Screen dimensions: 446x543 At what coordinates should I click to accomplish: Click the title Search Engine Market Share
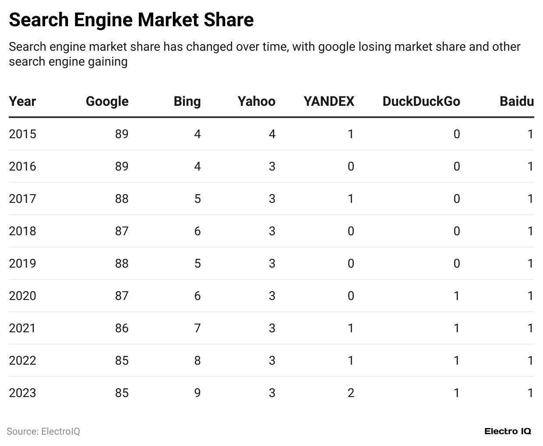pyautogui.click(x=131, y=20)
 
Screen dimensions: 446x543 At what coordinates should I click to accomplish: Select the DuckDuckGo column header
pyautogui.click(x=421, y=101)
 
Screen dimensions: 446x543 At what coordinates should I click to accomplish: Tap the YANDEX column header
pyautogui.click(x=328, y=101)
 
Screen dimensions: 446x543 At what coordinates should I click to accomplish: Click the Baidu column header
pyautogui.click(x=517, y=101)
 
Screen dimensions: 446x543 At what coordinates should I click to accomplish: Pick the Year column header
pyautogui.click(x=22, y=101)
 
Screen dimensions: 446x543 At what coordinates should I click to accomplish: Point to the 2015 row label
pyautogui.click(x=22, y=134)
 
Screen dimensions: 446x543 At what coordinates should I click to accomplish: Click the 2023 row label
pyautogui.click(x=22, y=393)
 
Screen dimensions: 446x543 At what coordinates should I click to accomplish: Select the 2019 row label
pyautogui.click(x=22, y=263)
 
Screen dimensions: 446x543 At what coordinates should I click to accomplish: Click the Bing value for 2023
pyautogui.click(x=197, y=393)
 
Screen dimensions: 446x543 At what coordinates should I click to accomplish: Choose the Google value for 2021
pyautogui.click(x=122, y=328)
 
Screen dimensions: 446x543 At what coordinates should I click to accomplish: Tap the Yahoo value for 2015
pyautogui.click(x=272, y=134)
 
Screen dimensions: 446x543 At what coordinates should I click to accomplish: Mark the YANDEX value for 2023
pyautogui.click(x=350, y=393)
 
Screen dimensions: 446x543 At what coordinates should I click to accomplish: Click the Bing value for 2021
pyautogui.click(x=197, y=328)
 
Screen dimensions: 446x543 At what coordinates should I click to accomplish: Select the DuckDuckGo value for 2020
pyautogui.click(x=456, y=296)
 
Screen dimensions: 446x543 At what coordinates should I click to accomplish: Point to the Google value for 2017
pyautogui.click(x=122, y=199)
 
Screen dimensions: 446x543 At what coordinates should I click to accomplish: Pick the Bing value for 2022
pyautogui.click(x=197, y=360)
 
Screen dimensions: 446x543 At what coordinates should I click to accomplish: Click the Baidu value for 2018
pyautogui.click(x=530, y=231)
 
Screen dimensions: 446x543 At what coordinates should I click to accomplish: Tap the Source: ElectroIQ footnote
pyautogui.click(x=43, y=431)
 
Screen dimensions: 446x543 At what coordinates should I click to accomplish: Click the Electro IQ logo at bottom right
pyautogui.click(x=508, y=431)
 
